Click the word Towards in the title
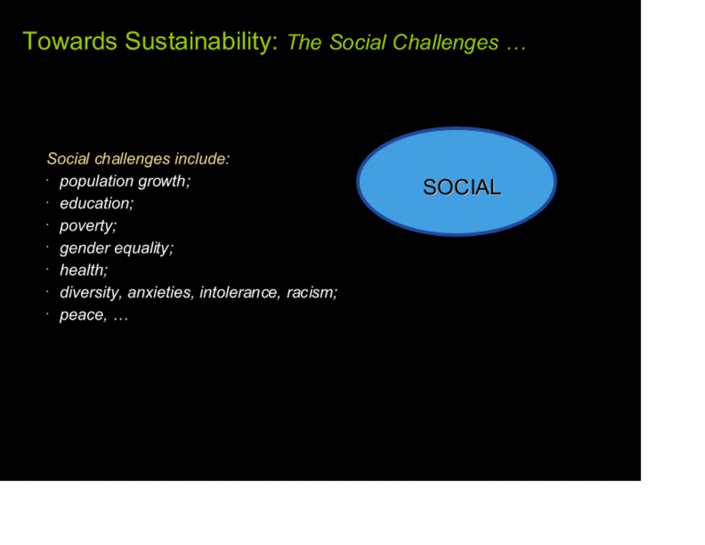pos(70,41)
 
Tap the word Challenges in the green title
pos(446,43)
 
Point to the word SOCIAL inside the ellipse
pos(461,187)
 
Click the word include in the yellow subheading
pos(202,159)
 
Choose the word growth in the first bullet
pos(164,181)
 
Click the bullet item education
pos(96,204)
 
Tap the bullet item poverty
pos(88,226)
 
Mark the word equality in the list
pos(144,249)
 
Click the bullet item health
pos(84,270)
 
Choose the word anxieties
pos(161,293)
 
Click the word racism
pos(312,293)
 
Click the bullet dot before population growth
pos(47,180)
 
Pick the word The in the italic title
pos(305,43)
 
